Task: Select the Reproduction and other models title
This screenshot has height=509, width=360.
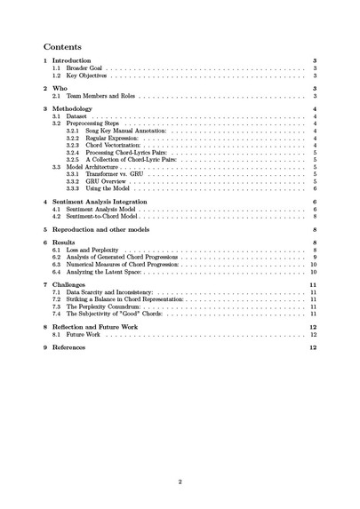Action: pyautogui.click(x=106, y=229)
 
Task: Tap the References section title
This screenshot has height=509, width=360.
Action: pyautogui.click(x=70, y=347)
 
